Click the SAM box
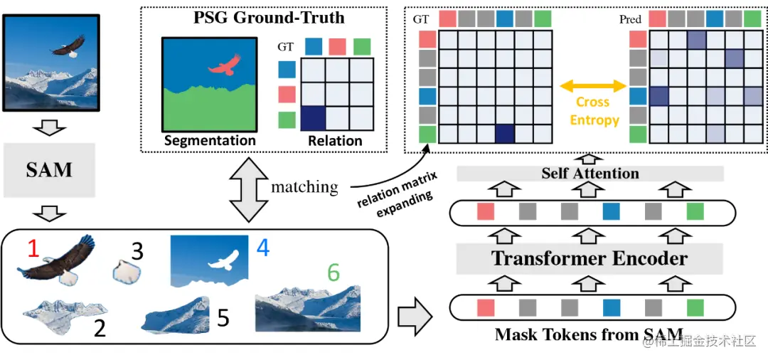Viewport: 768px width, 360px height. pyautogui.click(x=49, y=170)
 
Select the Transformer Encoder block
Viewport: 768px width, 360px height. pyautogui.click(x=590, y=258)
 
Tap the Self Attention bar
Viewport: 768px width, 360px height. pyautogui.click(x=590, y=173)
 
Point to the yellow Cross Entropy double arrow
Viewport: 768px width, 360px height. pyautogui.click(x=593, y=86)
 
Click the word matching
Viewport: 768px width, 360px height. pyautogui.click(x=304, y=187)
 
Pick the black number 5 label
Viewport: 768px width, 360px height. pyautogui.click(x=223, y=317)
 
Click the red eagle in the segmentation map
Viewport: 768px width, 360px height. pyautogui.click(x=224, y=68)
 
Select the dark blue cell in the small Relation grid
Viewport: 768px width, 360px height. pyautogui.click(x=314, y=118)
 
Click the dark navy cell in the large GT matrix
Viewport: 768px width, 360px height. pyautogui.click(x=504, y=133)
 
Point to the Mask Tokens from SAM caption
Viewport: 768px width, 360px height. pyautogui.click(x=589, y=334)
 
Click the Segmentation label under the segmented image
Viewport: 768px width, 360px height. pyautogui.click(x=209, y=140)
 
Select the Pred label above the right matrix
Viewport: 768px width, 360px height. pyautogui.click(x=630, y=19)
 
